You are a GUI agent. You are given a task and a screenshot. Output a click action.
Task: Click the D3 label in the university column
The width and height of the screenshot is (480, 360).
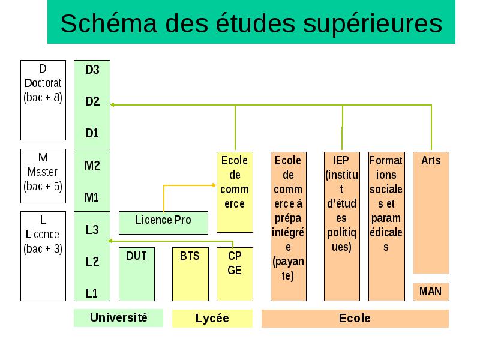tap(92, 70)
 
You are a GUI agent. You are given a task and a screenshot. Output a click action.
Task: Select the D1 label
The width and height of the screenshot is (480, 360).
tap(92, 133)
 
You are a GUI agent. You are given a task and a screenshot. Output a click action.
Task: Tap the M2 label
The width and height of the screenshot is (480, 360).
tap(92, 166)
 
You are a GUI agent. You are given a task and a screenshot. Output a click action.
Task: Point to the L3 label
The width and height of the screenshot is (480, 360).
tap(92, 230)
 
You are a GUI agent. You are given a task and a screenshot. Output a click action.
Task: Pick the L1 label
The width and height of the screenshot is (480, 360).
tap(92, 293)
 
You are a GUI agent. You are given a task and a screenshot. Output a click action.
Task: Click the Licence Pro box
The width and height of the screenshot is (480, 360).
tap(163, 223)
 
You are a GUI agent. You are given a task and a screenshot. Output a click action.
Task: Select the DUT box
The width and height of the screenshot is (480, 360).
tap(137, 274)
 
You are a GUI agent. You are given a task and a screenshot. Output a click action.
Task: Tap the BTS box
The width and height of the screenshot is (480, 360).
tap(190, 274)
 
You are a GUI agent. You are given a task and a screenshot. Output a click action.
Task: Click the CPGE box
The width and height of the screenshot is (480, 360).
tap(235, 274)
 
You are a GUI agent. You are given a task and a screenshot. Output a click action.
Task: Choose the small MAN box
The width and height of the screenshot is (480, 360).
tap(431, 292)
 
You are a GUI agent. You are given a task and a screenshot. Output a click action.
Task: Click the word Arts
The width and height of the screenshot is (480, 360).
tap(431, 160)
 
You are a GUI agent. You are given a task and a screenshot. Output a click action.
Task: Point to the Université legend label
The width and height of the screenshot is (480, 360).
tap(118, 318)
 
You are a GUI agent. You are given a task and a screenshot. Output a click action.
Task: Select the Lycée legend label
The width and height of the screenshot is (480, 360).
tap(212, 319)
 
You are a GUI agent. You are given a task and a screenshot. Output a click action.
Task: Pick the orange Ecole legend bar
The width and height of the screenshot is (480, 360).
tap(355, 319)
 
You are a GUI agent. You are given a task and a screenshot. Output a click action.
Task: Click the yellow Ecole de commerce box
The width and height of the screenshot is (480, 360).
tap(235, 192)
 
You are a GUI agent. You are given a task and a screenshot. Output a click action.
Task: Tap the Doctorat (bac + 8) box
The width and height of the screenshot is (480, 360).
tap(43, 100)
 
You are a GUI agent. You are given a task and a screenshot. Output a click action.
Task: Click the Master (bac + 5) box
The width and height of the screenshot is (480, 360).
tap(43, 176)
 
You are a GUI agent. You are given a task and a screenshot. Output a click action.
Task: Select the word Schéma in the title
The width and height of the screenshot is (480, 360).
tap(109, 23)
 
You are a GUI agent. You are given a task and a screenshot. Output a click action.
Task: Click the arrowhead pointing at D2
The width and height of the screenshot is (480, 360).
tap(112, 104)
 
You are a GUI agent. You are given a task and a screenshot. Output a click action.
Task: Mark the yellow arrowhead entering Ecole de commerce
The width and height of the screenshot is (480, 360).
tap(214, 185)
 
